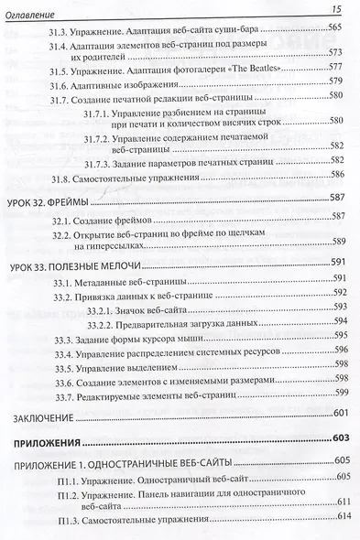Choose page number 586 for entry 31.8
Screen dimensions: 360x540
[335, 175]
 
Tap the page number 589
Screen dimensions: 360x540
[334, 242]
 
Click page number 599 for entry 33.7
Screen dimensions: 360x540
[334, 394]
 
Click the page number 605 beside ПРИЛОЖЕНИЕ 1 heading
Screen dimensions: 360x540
[335, 460]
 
